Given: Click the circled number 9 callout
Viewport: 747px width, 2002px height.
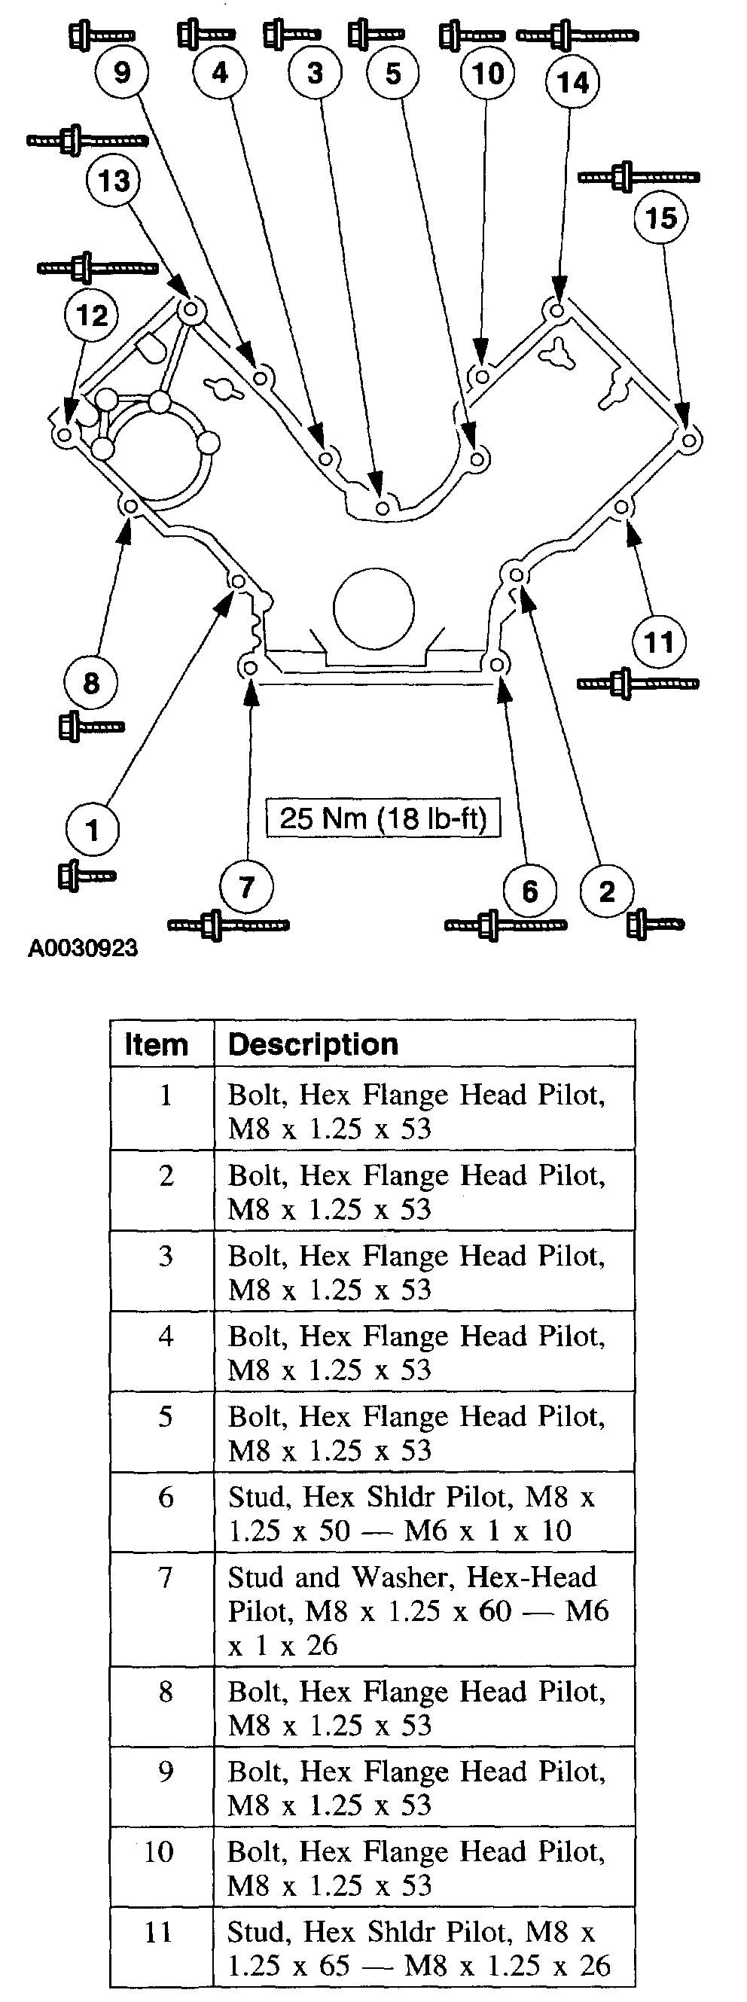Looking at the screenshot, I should pos(122,72).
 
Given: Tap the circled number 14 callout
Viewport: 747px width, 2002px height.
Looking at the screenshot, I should pos(572,82).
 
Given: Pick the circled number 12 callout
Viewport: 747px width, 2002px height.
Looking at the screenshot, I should pos(91,315).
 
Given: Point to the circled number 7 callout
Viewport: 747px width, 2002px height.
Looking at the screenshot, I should pos(246,887).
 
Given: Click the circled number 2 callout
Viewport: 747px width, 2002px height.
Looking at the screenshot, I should pos(607,891).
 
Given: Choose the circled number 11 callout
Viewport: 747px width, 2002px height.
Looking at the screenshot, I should pos(659,642).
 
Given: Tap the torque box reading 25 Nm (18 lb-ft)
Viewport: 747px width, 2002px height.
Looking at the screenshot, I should pos(383,818).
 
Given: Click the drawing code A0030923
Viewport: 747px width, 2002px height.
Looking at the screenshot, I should pos(83,948).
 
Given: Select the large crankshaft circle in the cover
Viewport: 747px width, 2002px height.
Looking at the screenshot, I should pos(374,608).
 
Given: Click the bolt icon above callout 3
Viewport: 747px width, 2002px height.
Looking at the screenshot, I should pos(292,34).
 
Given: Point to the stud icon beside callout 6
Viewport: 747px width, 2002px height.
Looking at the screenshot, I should pos(505,925).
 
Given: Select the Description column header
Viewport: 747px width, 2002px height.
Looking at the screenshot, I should pos(313,1044).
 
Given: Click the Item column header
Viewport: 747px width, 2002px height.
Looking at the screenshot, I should pos(157,1044).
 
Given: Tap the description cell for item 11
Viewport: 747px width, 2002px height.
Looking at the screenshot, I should pos(419,1948).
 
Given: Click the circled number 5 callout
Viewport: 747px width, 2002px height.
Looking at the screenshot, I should pos(393,73).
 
